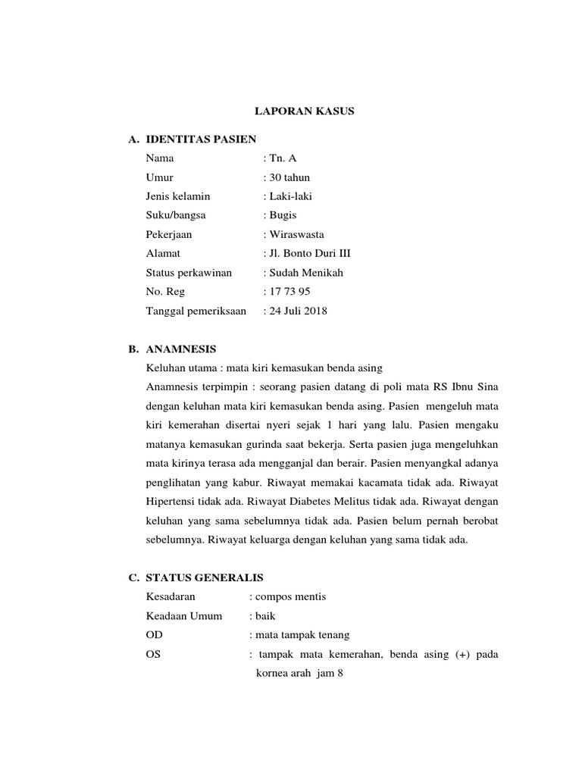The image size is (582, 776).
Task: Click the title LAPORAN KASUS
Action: [304, 111]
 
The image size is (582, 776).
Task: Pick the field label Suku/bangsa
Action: [176, 215]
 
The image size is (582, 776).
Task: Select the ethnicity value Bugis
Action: [283, 215]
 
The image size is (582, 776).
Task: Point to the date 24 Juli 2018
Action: [298, 310]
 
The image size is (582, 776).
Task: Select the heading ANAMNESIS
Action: [181, 349]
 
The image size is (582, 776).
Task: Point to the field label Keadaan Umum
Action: [184, 616]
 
